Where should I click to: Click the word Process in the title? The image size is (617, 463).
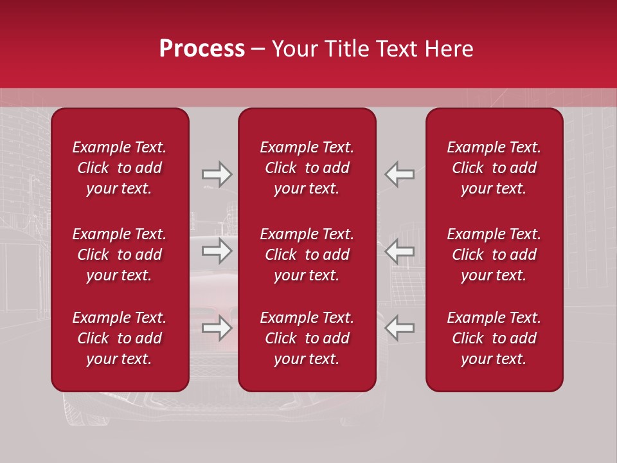(202, 49)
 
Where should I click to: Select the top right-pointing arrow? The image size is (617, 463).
(217, 174)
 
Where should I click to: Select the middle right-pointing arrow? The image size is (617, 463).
(217, 251)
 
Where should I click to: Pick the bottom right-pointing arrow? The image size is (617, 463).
(217, 328)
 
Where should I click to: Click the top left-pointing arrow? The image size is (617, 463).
(399, 174)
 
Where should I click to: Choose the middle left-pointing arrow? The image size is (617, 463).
(399, 251)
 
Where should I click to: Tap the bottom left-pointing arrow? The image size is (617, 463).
(399, 328)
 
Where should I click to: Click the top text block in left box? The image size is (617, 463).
(120, 168)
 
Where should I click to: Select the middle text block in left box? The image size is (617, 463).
(120, 255)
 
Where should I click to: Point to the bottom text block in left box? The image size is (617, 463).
(120, 338)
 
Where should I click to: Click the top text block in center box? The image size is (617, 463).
(307, 168)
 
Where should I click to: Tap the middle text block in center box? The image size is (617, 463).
(307, 255)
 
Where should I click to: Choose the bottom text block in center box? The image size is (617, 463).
(307, 338)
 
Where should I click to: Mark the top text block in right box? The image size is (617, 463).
(494, 168)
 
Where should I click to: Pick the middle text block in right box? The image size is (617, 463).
(494, 255)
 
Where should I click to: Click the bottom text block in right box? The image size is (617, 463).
(494, 338)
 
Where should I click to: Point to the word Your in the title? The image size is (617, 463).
(293, 49)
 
